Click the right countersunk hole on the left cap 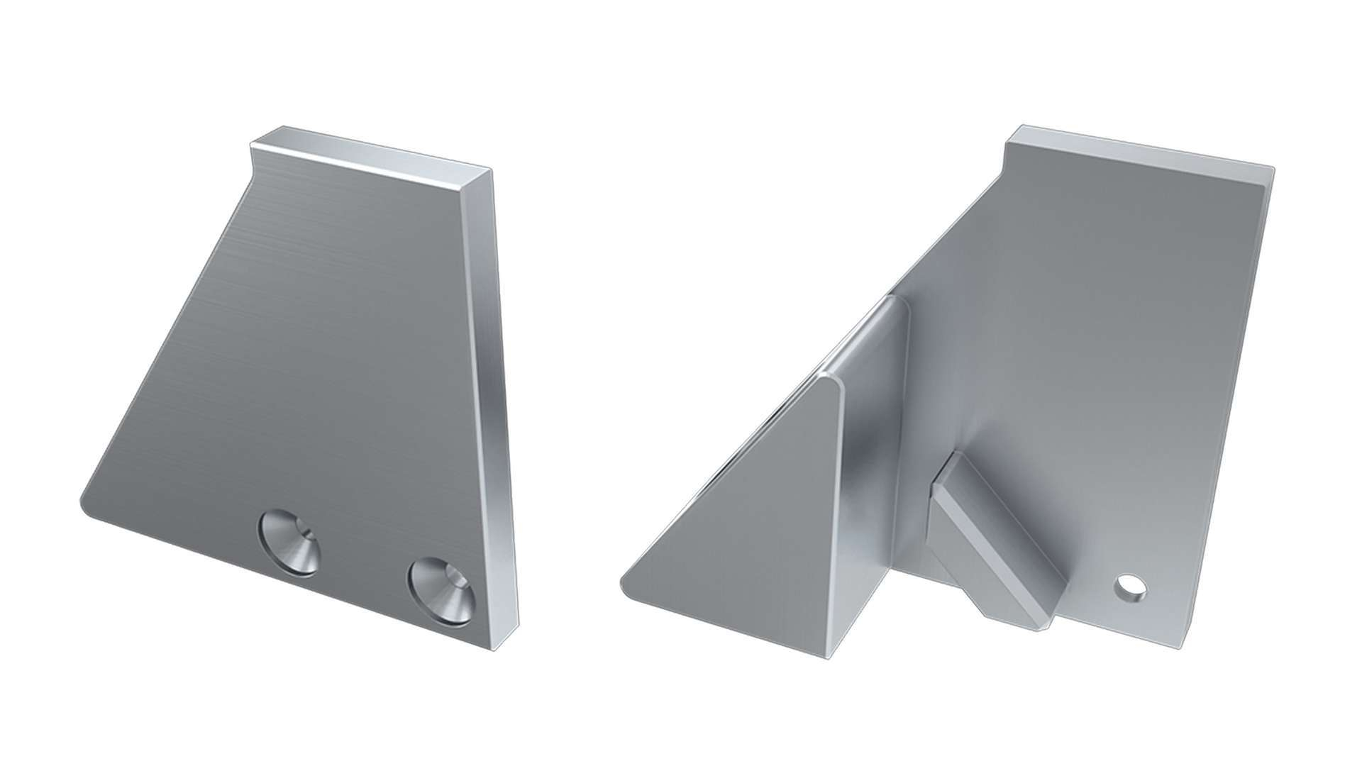(x=441, y=591)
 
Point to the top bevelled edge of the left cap (x=369, y=150)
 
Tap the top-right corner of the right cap (x=1270, y=170)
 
